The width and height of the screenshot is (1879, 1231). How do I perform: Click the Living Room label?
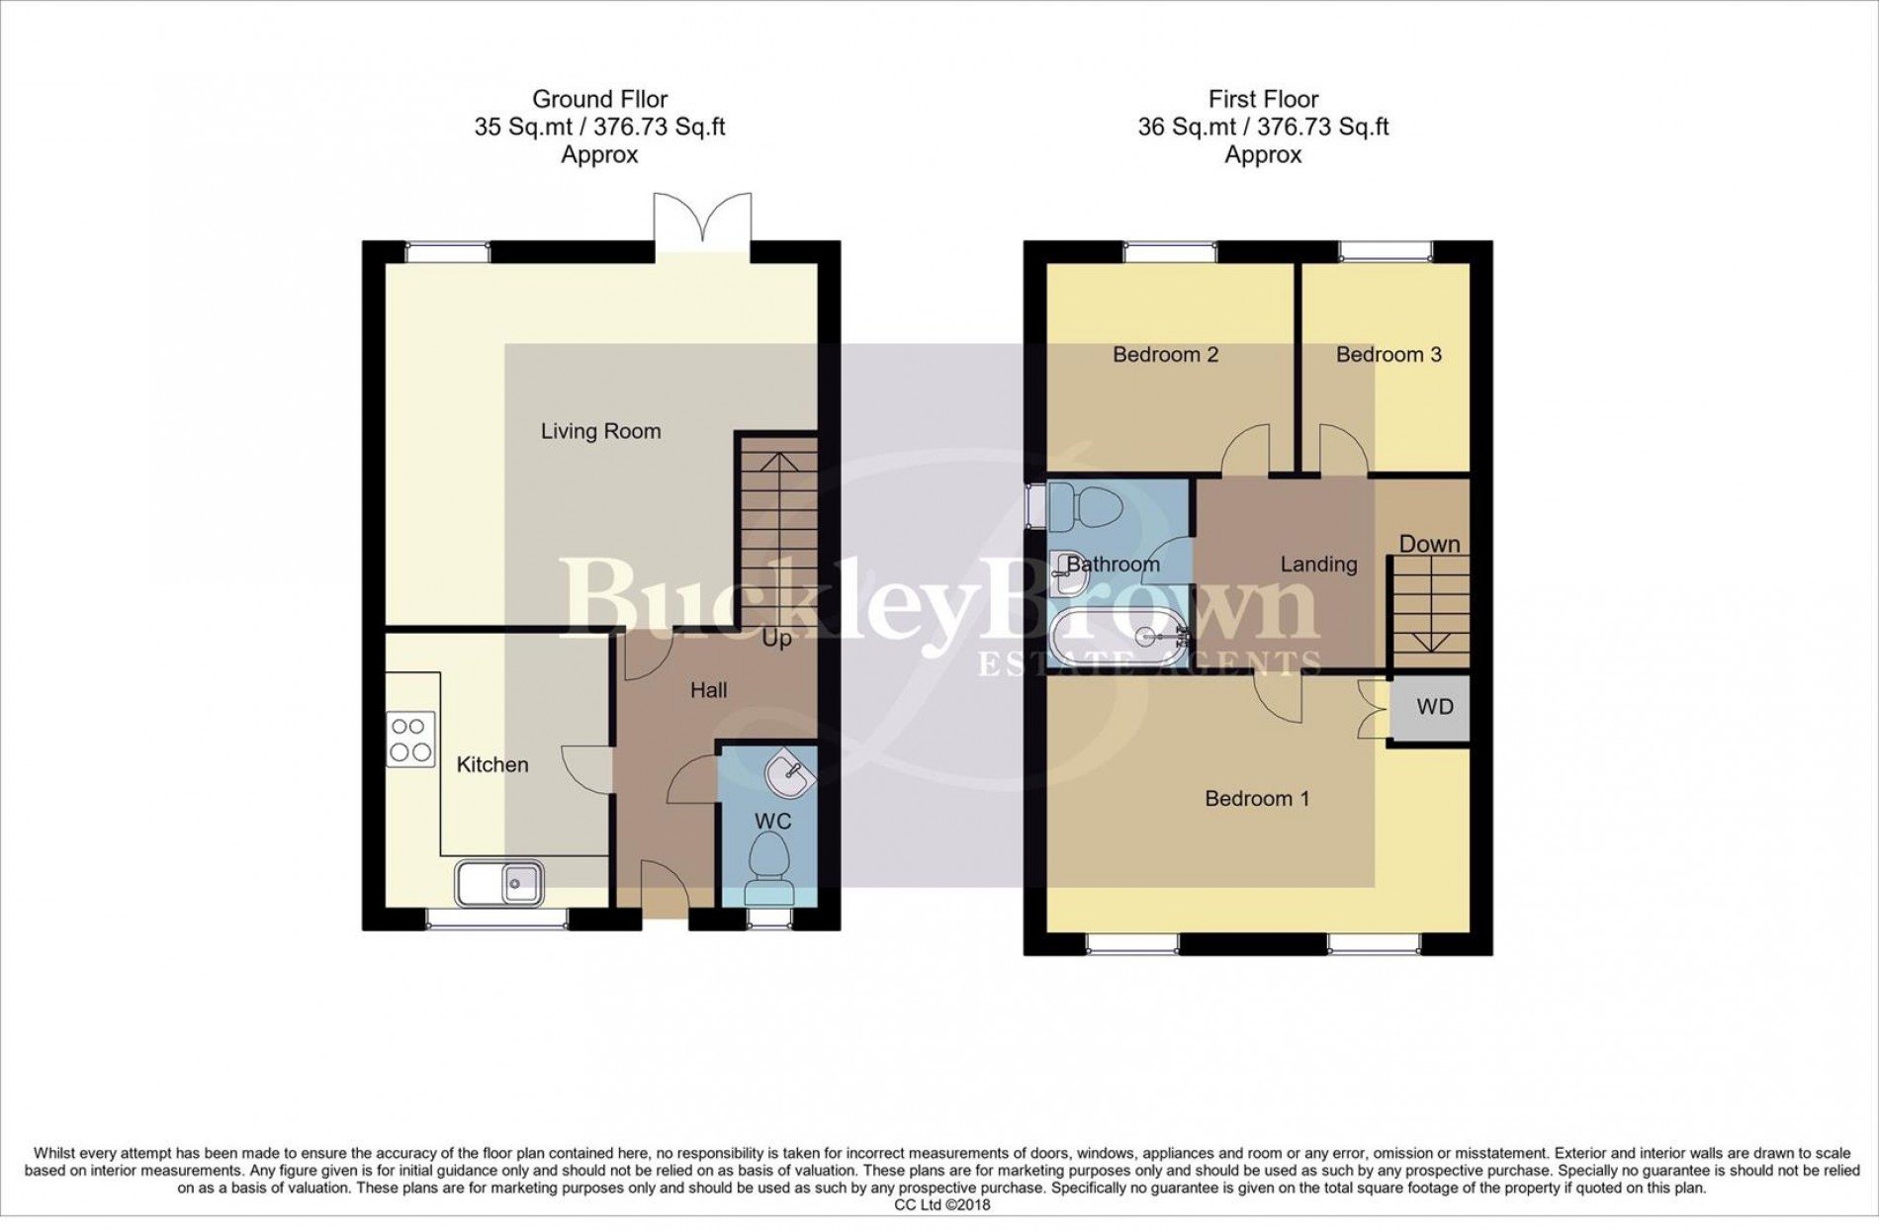(600, 431)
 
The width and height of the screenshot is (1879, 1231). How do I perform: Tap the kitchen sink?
(499, 882)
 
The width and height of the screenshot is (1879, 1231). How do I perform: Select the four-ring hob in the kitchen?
(410, 740)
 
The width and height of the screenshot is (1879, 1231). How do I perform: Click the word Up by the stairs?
(776, 639)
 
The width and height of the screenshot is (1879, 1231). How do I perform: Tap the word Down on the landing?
(1429, 544)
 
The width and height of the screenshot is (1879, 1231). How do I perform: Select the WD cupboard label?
(1435, 706)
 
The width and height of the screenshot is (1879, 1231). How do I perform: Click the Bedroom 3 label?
(1387, 354)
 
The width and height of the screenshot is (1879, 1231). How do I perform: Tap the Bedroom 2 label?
(1165, 354)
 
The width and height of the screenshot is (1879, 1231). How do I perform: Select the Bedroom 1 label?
(1257, 798)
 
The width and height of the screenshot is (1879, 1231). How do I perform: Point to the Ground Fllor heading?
(599, 99)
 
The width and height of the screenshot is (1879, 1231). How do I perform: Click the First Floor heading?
(1263, 99)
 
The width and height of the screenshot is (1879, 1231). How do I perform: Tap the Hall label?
(708, 690)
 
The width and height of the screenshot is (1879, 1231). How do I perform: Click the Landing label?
(1318, 565)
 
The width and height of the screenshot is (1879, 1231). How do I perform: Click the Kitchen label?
(492, 764)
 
